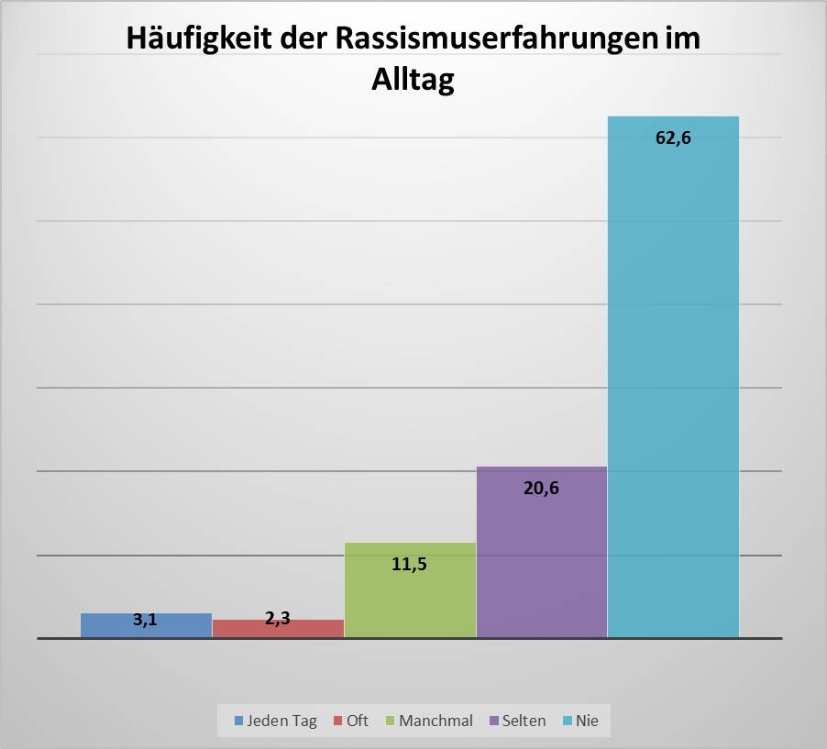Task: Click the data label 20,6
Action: pos(541,488)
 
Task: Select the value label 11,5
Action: pos(409,564)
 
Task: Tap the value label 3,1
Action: pos(145,619)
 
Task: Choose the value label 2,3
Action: pos(278,619)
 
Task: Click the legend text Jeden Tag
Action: pos(282,721)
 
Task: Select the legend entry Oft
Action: pos(358,721)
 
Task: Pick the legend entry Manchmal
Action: pos(436,721)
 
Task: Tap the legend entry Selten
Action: pos(524,721)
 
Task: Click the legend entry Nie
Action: pos(588,721)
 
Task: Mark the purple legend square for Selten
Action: pos(495,721)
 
